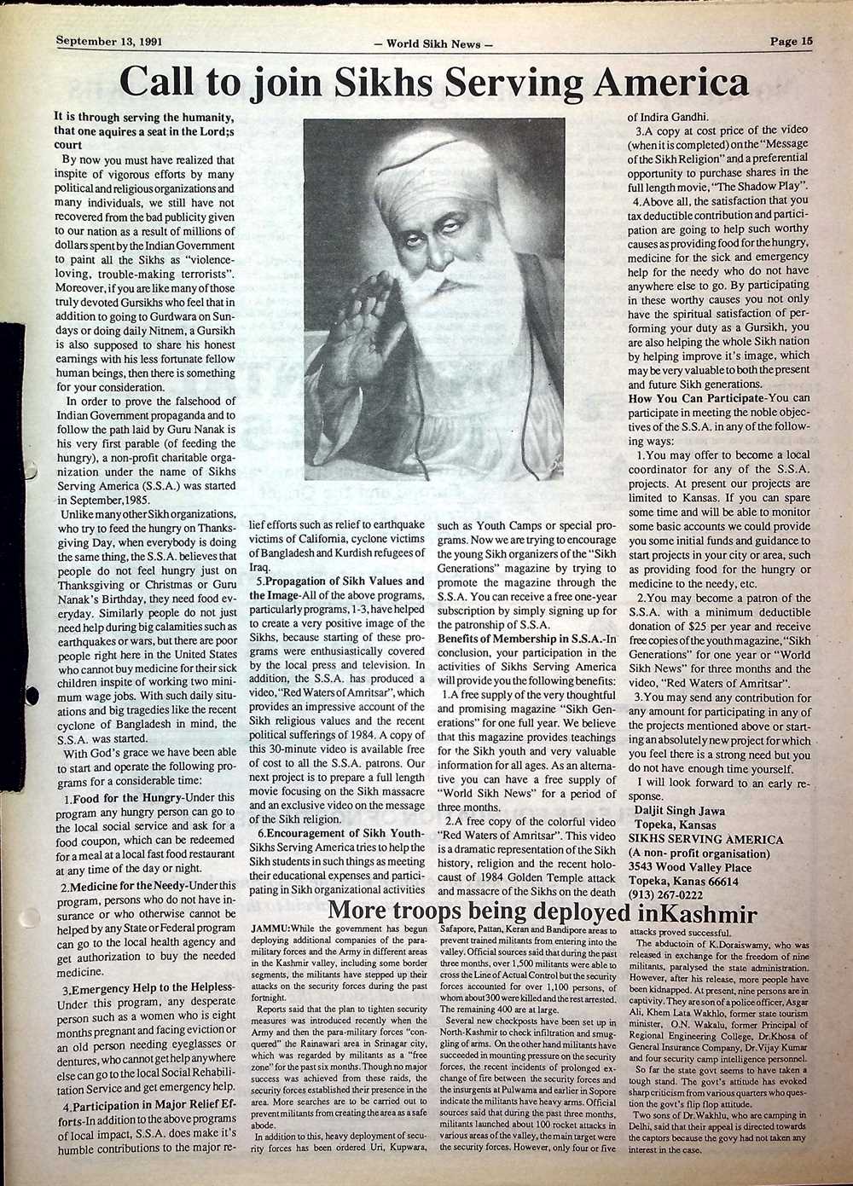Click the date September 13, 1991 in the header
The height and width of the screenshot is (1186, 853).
coord(109,40)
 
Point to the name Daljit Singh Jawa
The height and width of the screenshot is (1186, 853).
coord(688,813)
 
